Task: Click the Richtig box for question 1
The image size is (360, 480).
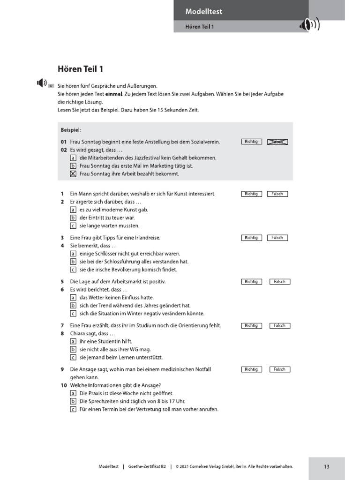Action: (x=251, y=194)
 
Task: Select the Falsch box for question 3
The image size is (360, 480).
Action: (x=277, y=238)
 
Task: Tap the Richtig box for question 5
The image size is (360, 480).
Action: (x=251, y=282)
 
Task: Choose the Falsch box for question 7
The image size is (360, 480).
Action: (x=279, y=325)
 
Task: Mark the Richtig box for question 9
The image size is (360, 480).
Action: (x=251, y=369)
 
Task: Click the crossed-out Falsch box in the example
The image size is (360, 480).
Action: (x=277, y=142)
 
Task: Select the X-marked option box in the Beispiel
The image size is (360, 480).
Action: (x=73, y=174)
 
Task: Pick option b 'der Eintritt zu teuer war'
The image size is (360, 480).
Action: (x=73, y=217)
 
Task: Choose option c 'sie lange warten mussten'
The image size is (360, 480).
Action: (x=73, y=225)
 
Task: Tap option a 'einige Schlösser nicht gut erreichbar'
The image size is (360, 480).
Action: (x=73, y=254)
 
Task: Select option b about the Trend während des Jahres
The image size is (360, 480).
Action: (x=73, y=306)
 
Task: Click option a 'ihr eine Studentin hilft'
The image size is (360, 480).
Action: (x=73, y=341)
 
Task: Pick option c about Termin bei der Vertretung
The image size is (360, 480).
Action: (x=73, y=409)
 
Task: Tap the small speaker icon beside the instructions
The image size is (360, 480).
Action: (x=42, y=83)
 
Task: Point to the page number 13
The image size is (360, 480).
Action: (x=326, y=466)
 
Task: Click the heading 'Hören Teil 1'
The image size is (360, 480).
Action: (x=80, y=69)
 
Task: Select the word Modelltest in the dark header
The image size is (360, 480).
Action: (x=204, y=11)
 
